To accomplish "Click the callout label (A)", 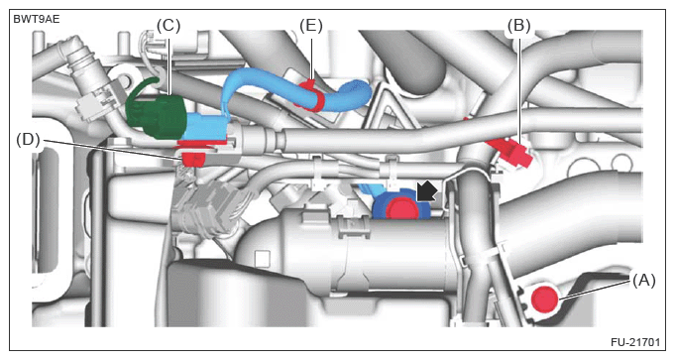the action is pos(643,281).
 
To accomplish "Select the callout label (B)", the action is pos(518,26).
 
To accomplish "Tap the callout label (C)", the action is pos(169,26).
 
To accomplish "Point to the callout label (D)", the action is pos(28,140).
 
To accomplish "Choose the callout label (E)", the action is pos(311,26).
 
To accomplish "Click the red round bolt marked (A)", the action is pos(544,299).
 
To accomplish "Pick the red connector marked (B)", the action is pos(510,151).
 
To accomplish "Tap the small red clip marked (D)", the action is pos(193,159).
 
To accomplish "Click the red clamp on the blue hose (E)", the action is pos(311,95).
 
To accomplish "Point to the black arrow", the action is pos(427,191).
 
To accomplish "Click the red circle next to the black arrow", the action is pos(402,209).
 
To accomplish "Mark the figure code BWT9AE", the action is pos(37,19).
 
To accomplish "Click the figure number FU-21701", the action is pos(635,342).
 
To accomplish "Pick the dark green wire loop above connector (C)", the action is pos(144,86).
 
